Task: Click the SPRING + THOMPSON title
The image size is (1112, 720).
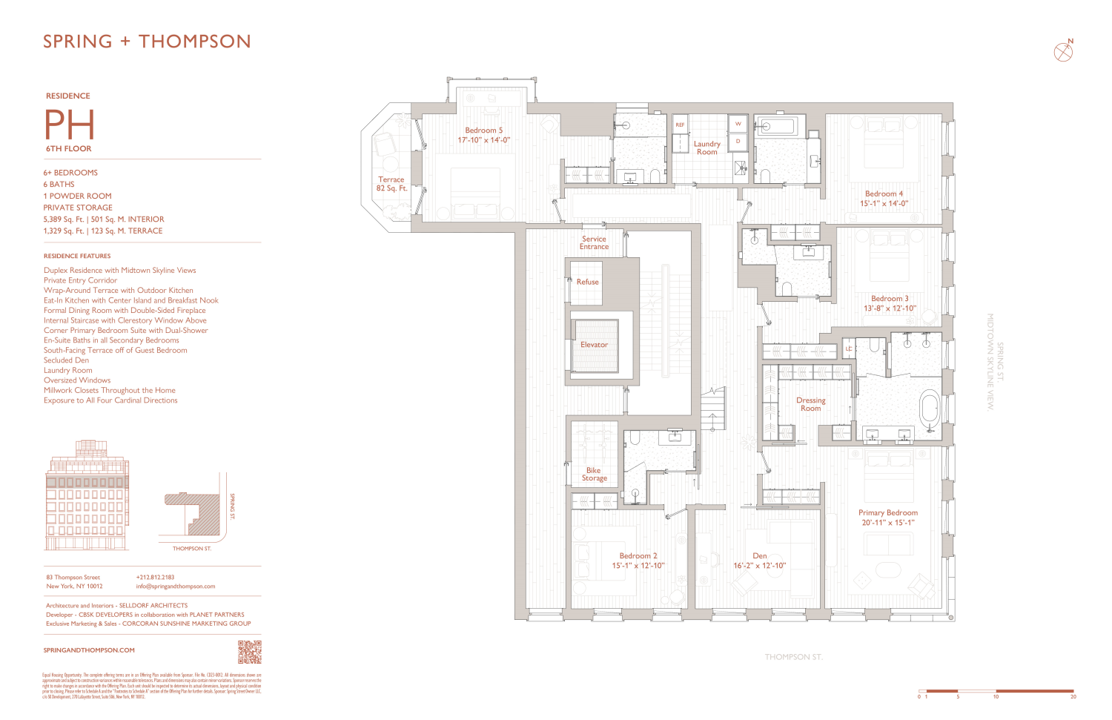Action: point(147,42)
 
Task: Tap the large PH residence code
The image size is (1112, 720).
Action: point(70,125)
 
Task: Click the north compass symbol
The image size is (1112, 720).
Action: point(1063,51)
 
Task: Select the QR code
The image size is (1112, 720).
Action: point(249,652)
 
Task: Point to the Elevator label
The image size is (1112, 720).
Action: point(594,345)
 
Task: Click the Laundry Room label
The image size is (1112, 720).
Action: point(706,148)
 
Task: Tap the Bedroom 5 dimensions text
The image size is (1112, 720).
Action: point(483,139)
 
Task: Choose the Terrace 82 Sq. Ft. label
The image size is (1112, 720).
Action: point(391,184)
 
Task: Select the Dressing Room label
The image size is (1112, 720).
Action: point(810,404)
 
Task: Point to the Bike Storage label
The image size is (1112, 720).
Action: point(594,475)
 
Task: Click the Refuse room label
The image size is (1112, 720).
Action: point(587,282)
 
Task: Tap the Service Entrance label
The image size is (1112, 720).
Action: point(594,242)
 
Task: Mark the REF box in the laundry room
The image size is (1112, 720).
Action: point(679,125)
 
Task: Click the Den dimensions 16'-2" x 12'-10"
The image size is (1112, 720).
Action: point(759,566)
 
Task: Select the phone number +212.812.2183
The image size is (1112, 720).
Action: point(155,577)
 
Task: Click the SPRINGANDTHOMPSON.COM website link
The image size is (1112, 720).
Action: point(89,650)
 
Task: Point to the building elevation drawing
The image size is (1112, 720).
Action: point(87,495)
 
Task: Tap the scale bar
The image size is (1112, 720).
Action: point(997,691)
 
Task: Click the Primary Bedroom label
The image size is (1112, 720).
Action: point(887,512)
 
